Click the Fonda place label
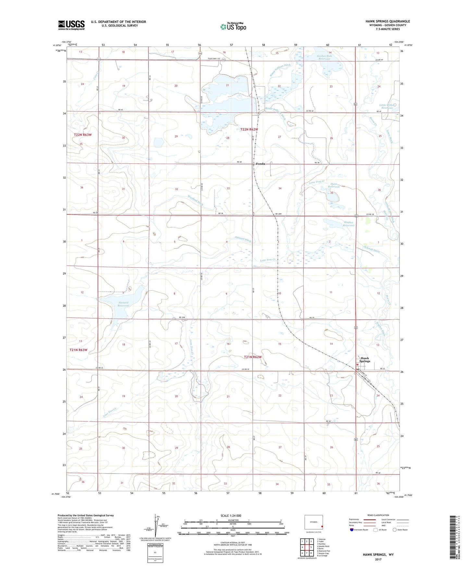coord(260,164)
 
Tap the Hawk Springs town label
coord(365,360)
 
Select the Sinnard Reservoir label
coord(123,304)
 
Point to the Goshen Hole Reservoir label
coord(325,57)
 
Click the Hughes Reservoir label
coord(349,224)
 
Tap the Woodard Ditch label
coord(195,200)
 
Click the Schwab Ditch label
coord(372,250)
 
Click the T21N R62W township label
coord(253,357)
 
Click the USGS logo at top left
coord(71,25)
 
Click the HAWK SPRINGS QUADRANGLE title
coord(383,21)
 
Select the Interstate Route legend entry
coord(360,530)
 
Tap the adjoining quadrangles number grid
coord(307,546)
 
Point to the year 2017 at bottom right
coord(378,559)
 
